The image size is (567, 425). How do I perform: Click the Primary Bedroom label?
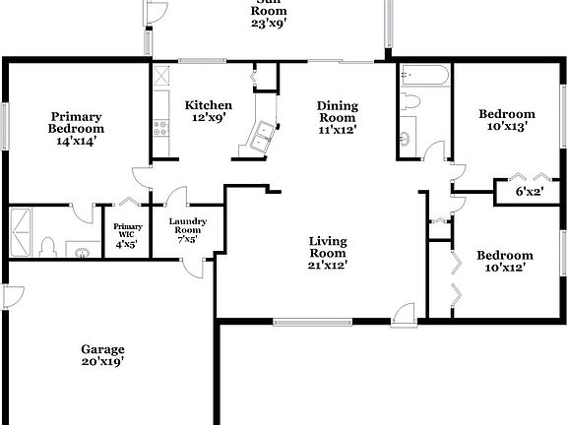(x=77, y=128)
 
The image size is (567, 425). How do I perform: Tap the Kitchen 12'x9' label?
(x=209, y=111)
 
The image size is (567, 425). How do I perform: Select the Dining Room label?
(x=337, y=116)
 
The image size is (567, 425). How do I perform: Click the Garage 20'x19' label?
(x=102, y=355)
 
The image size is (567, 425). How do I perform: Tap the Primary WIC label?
(x=128, y=235)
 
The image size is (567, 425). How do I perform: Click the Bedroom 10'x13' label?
(x=506, y=119)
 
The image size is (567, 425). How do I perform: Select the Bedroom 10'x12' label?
(x=505, y=261)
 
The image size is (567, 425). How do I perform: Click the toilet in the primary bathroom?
(x=47, y=247)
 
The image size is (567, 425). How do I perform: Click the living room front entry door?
(x=402, y=314)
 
